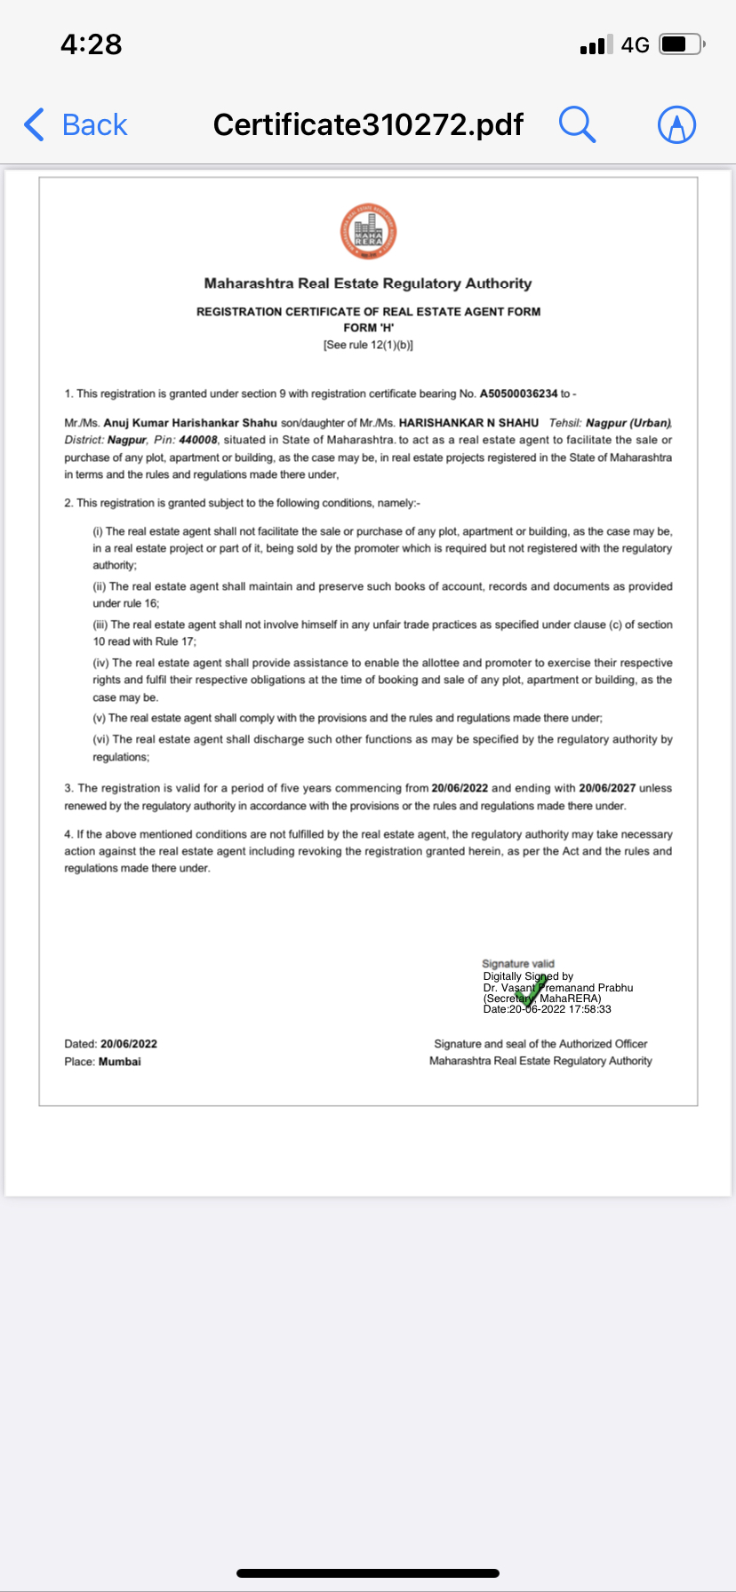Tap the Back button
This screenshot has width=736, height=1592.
point(76,125)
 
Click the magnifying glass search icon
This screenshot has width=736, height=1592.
point(577,124)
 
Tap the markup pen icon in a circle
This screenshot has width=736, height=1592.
point(676,125)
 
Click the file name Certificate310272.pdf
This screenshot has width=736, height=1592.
point(368,125)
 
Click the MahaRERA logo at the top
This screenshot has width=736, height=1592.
point(368,232)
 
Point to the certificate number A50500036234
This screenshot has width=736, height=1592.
point(518,394)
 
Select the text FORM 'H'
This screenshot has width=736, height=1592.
point(368,328)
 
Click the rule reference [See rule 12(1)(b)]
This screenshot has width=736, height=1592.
point(368,345)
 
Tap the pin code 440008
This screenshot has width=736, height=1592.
point(198,440)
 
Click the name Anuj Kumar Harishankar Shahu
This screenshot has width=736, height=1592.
point(190,423)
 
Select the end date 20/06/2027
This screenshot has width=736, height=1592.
point(607,788)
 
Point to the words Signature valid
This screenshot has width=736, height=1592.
point(517,963)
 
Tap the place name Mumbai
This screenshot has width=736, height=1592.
point(120,1062)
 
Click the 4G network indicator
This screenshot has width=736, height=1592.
point(635,45)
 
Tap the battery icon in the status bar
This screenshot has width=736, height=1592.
point(682,44)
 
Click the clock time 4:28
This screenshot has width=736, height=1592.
point(91,44)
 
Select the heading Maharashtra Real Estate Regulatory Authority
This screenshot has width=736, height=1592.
point(368,283)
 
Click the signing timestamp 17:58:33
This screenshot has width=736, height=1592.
point(590,1009)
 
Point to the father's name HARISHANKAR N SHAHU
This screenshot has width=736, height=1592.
point(468,423)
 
